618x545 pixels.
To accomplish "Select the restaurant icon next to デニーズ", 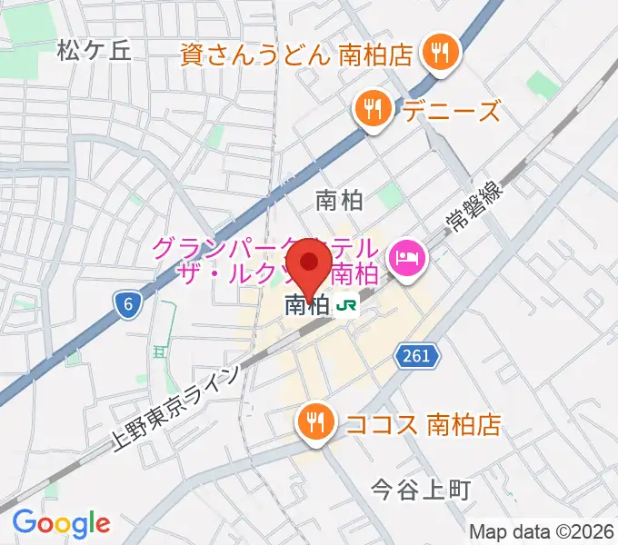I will coord(374,112).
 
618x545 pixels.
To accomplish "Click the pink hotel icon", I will coord(404,258).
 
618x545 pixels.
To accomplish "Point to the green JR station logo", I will coord(346,307).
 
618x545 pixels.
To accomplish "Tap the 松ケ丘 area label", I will coord(94,50).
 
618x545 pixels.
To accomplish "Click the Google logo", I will coord(62,524).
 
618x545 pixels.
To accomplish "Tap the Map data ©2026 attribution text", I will coord(542,530).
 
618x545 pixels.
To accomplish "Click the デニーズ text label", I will coord(452,113).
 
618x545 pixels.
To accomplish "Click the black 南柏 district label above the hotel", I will coord(339,200).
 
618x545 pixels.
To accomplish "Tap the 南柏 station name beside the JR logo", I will coord(306,307).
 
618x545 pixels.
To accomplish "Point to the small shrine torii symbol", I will coord(161,349).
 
